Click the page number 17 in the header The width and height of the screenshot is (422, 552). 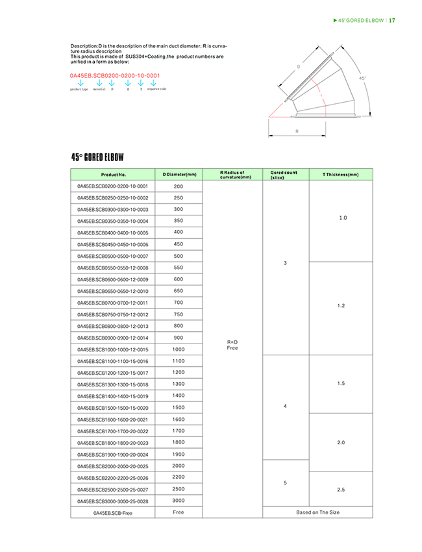tap(392, 20)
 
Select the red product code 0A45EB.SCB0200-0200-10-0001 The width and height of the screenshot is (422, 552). tap(114, 76)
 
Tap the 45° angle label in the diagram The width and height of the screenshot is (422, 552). tap(362, 78)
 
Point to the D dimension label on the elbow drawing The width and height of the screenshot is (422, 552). tap(298, 66)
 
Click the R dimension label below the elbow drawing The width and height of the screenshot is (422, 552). tap(297, 131)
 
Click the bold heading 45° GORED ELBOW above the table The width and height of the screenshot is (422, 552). tap(97, 157)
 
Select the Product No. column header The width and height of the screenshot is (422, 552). tap(113, 175)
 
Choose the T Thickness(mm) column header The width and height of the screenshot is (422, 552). tap(340, 175)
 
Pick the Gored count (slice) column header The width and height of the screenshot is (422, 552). tap(284, 175)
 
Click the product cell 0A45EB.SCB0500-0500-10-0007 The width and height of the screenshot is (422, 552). tap(113, 256)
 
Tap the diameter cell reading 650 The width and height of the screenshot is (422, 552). tap(179, 291)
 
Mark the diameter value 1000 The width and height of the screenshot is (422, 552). tap(179, 349)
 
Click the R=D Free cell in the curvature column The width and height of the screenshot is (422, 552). tap(232, 344)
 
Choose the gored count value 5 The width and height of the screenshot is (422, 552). tap(286, 483)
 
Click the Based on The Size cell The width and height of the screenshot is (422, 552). tap(317, 512)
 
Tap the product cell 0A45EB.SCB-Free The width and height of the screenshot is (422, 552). tap(113, 512)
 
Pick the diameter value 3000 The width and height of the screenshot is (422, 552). tap(179, 501)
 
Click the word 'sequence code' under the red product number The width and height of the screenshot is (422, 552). tap(156, 89)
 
